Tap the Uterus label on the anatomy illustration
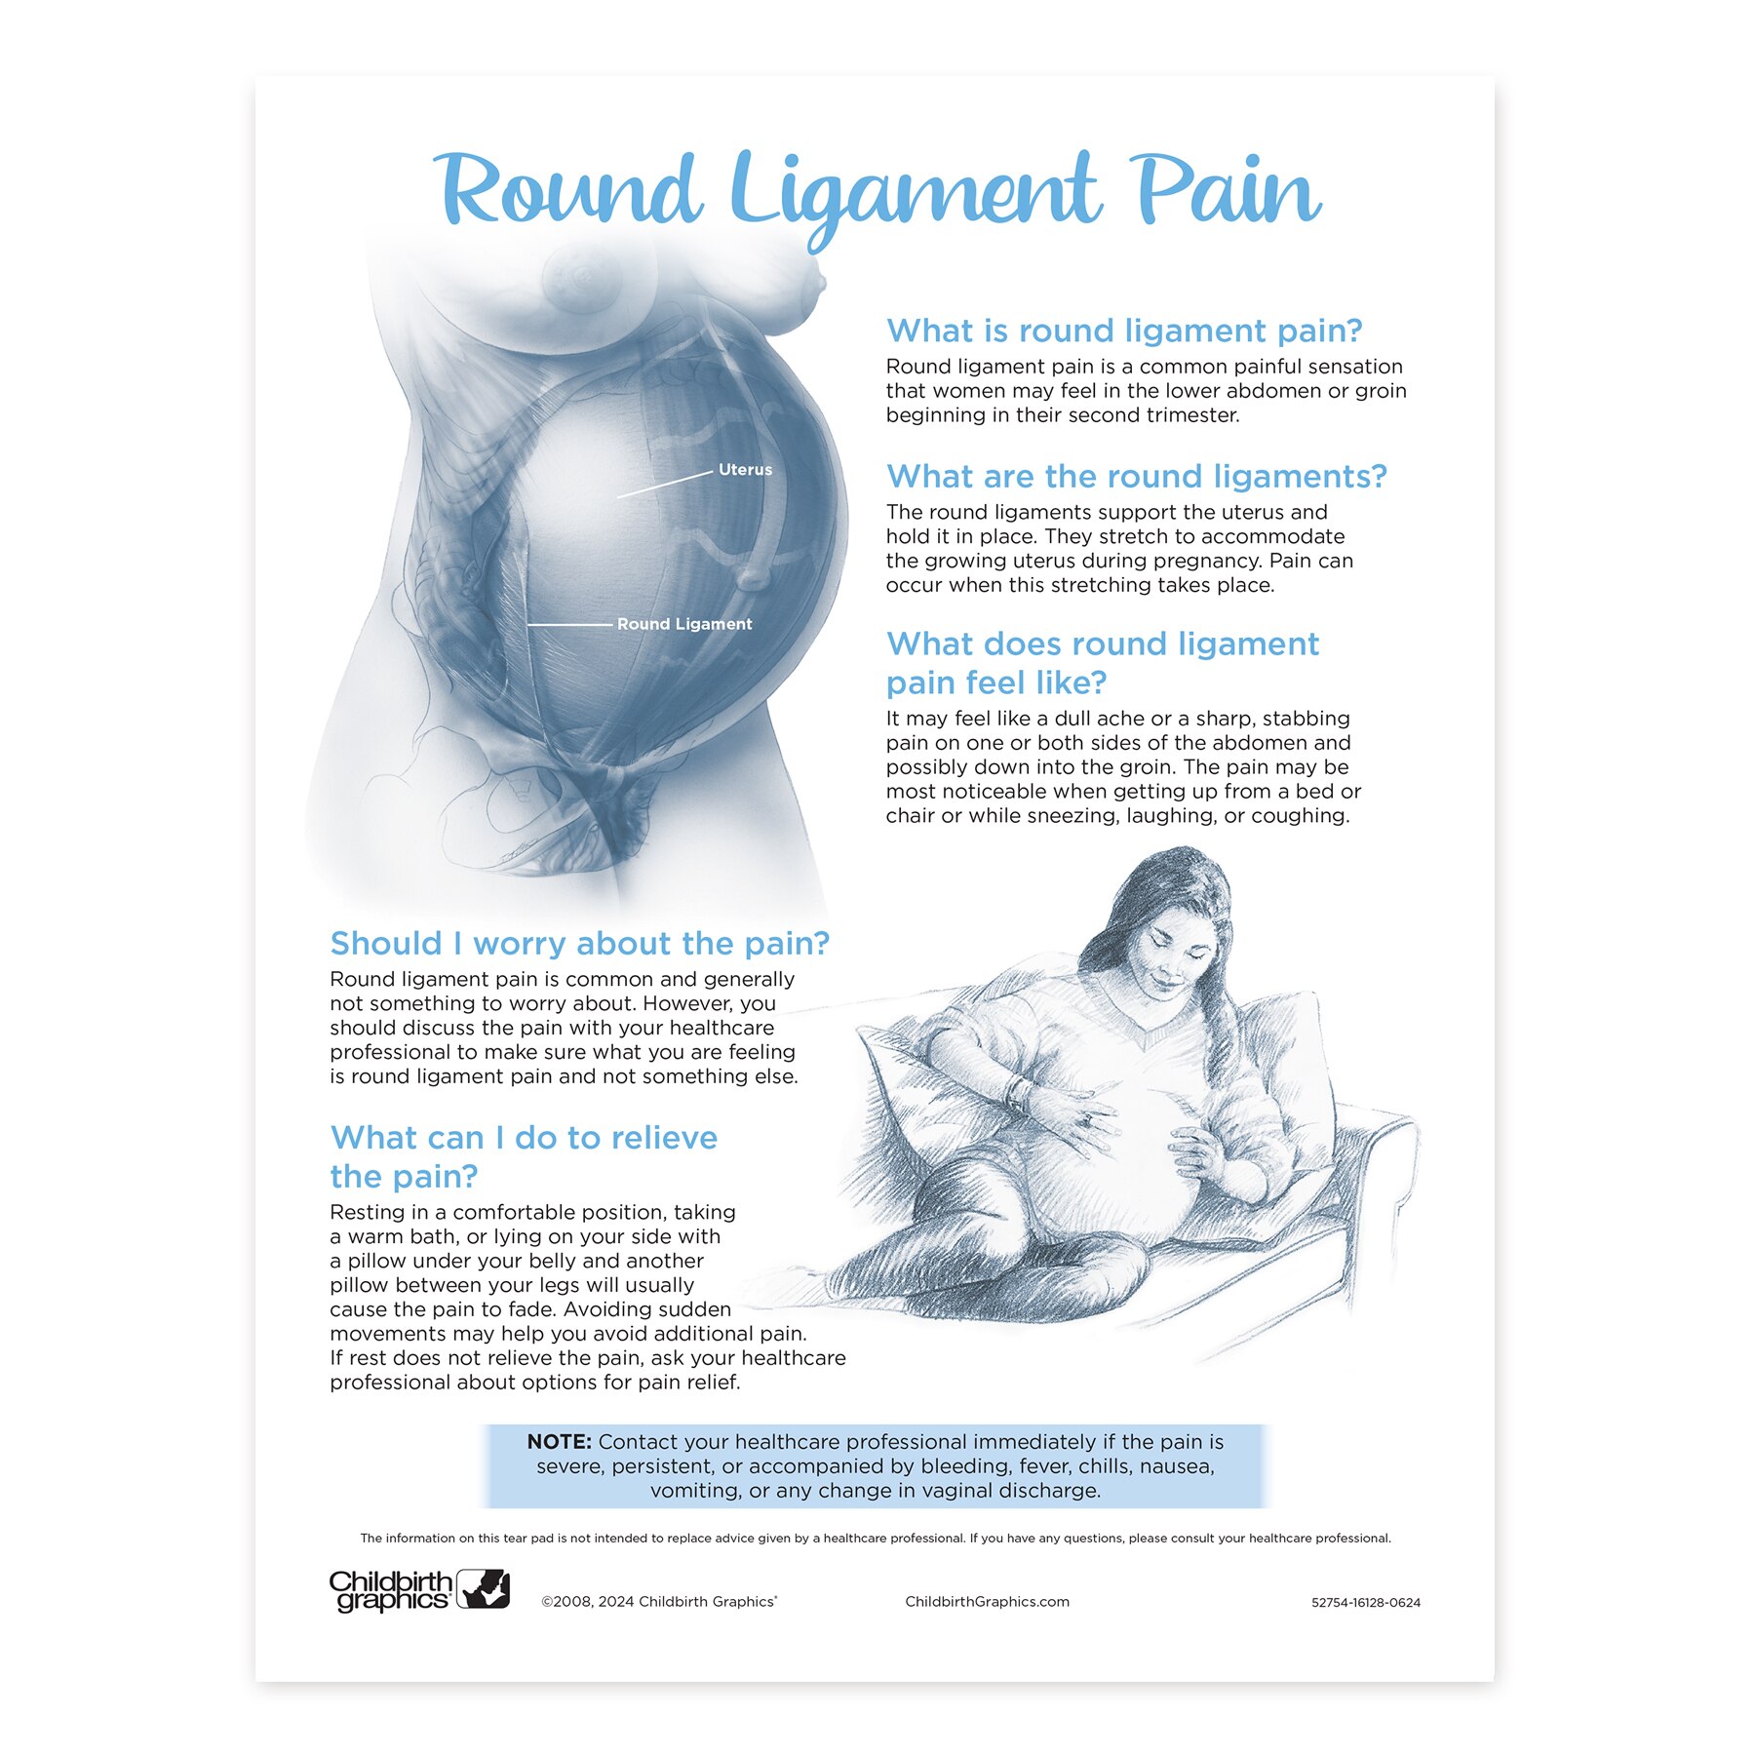[745, 470]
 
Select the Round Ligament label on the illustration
[684, 624]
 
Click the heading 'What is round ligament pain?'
[1123, 331]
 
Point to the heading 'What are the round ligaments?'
[1136, 477]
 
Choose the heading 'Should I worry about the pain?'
[579, 944]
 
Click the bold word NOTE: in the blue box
[560, 1442]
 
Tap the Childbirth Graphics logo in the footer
[419, 1590]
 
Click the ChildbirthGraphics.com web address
[987, 1602]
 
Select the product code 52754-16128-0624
[1365, 1603]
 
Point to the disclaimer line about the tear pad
[876, 1539]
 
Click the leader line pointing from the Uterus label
[665, 484]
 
